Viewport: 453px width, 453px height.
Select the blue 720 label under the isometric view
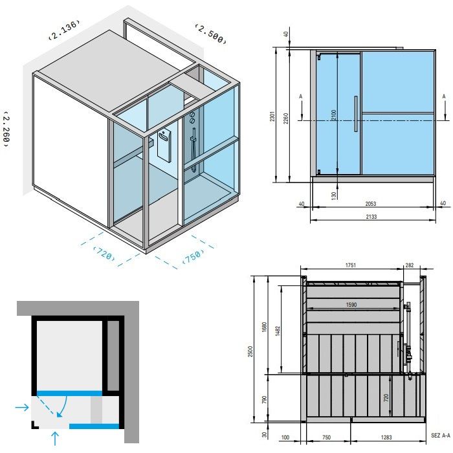point(104,253)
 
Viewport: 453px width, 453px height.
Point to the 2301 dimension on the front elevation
point(274,116)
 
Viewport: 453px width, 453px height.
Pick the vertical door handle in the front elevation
point(355,114)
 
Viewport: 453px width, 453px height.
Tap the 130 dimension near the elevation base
point(333,195)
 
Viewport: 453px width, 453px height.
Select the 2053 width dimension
point(371,203)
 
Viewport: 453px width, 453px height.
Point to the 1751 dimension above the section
point(351,265)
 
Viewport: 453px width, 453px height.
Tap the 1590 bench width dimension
point(351,304)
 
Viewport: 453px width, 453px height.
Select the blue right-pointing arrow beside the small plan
point(22,407)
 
